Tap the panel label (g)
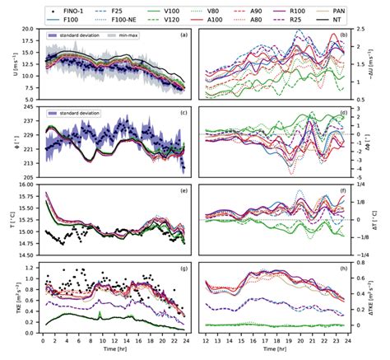184,269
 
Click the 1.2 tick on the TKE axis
30,267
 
